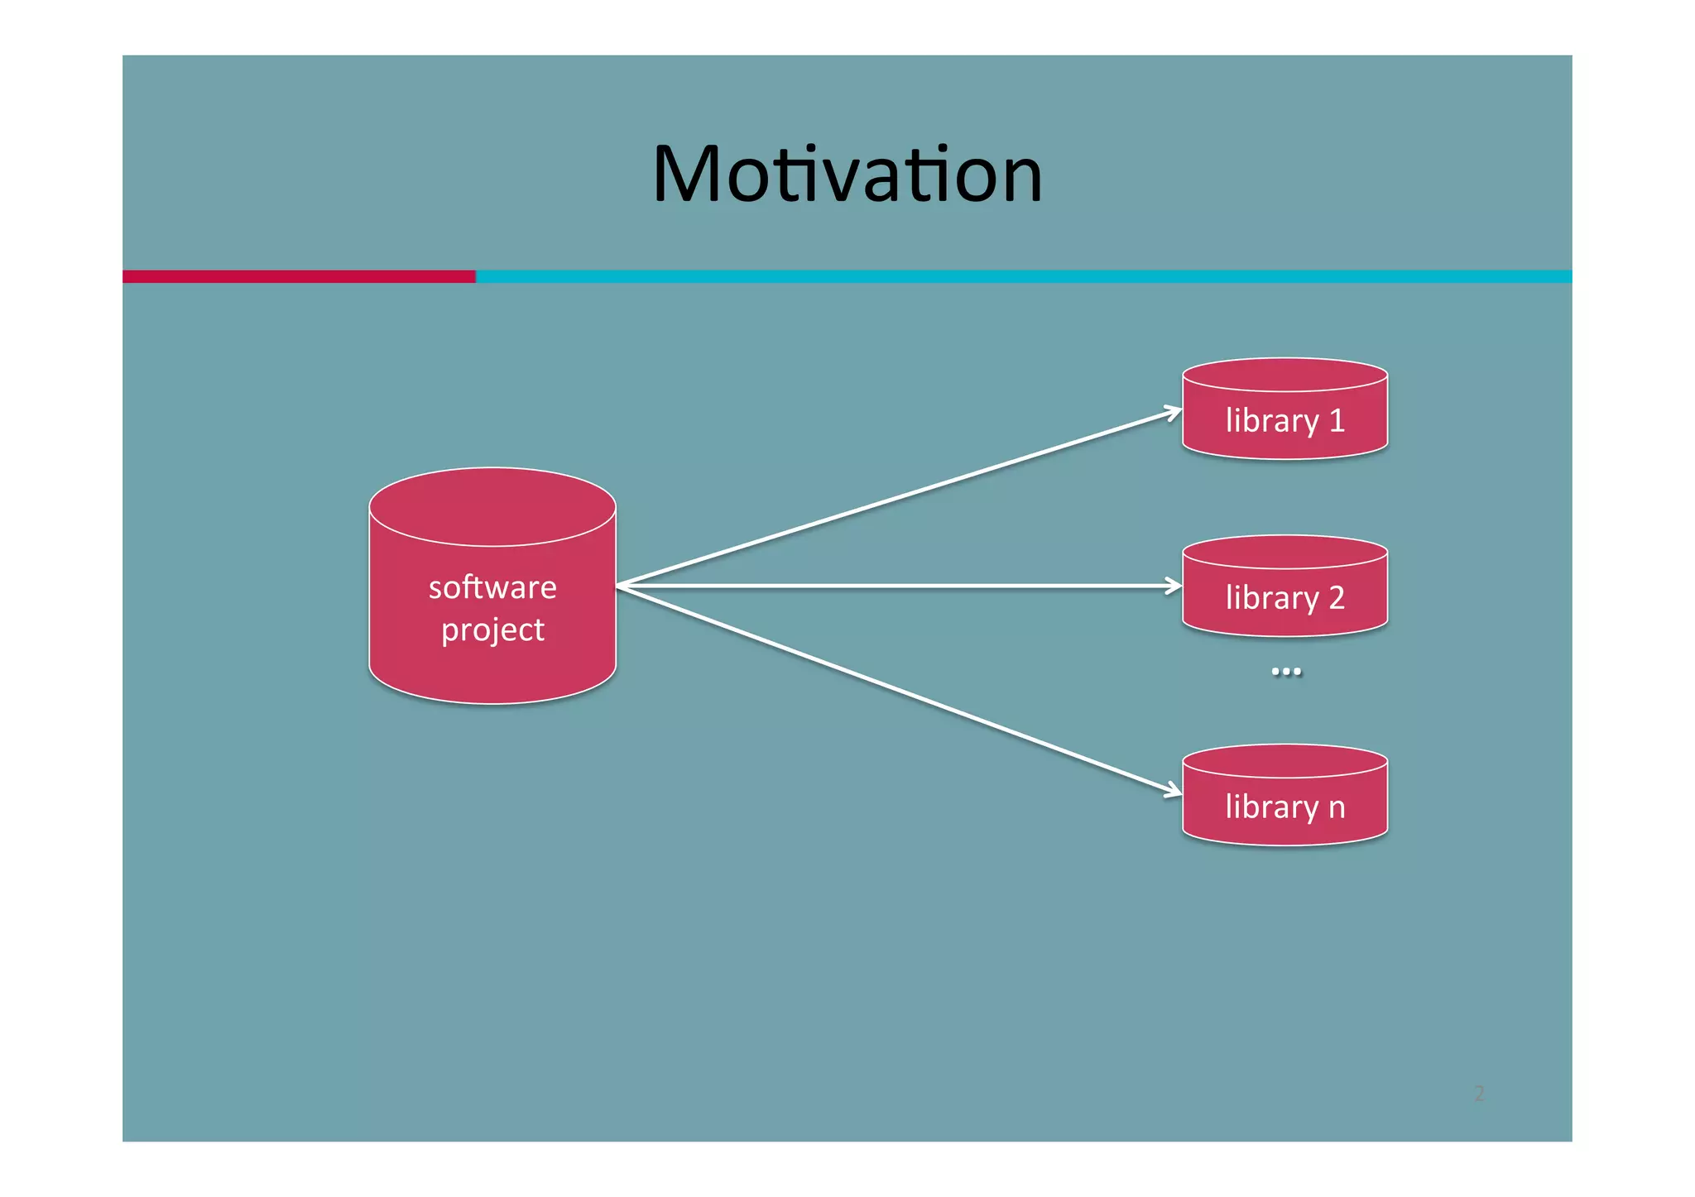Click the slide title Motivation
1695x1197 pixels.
pos(847,174)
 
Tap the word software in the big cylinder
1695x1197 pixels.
pos(492,587)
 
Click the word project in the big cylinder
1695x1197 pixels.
pos(492,630)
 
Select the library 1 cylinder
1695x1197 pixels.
pos(1284,409)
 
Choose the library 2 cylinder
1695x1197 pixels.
pos(1284,587)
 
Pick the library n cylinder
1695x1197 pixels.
pos(1284,796)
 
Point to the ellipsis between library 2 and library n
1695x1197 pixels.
pos(1285,671)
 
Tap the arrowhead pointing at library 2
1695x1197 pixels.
pos(1175,586)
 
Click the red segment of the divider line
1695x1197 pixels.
pos(299,276)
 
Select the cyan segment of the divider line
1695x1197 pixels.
pos(1023,276)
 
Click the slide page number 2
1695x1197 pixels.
pos(1479,1094)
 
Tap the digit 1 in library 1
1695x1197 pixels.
pos(1337,421)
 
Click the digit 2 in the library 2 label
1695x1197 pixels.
pos(1337,598)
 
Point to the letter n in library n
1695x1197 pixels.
pos(1337,807)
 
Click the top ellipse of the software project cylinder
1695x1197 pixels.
pos(492,507)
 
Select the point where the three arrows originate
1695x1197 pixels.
pos(618,586)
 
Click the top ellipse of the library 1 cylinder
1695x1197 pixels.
pos(1284,375)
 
